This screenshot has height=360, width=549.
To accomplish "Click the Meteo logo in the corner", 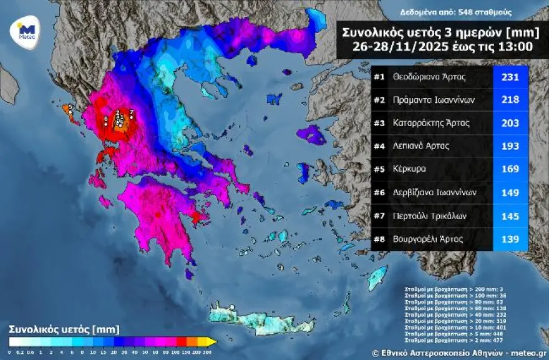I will click(x=26, y=30).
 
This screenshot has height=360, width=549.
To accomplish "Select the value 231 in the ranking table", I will click(x=510, y=77).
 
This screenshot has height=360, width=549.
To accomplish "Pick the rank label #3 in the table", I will click(x=379, y=123).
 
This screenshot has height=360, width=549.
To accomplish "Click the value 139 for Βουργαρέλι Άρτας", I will click(x=510, y=238).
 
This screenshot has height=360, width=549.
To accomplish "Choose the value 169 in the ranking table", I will click(x=510, y=169).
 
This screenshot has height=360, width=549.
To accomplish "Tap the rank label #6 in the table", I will click(x=379, y=192).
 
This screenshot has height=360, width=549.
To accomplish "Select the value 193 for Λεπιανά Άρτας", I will click(x=510, y=146).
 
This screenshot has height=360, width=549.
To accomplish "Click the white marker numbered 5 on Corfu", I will click(x=70, y=107).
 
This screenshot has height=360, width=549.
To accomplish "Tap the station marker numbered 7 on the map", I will click(x=131, y=113).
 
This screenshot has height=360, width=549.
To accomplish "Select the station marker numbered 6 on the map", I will click(x=106, y=119).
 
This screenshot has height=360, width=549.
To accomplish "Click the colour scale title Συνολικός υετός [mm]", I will click(x=64, y=329).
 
